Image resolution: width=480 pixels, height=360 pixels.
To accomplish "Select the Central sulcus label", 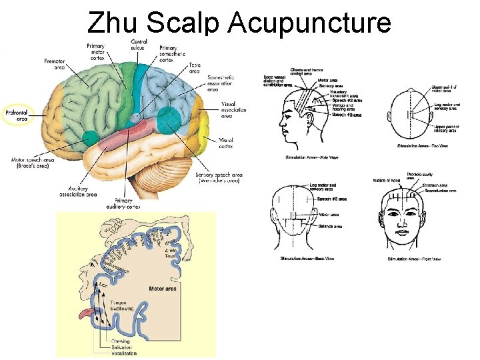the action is pyautogui.click(x=139, y=45).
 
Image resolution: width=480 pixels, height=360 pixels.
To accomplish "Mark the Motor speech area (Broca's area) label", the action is pyautogui.click(x=35, y=163).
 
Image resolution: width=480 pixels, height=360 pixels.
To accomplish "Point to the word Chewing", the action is pyautogui.click(x=121, y=341).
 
